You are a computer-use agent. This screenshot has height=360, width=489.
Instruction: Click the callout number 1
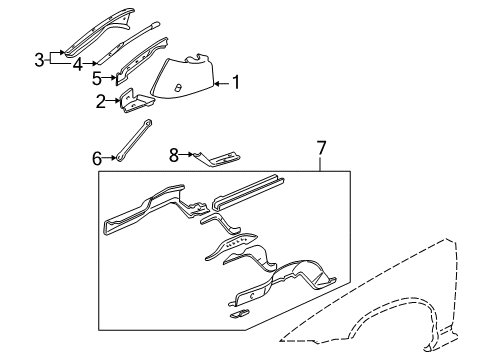click(236, 84)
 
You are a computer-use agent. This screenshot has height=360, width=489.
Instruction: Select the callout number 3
click(39, 59)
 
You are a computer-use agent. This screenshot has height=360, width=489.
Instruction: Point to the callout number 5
click(96, 77)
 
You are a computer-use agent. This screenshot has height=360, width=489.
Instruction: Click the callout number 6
click(97, 157)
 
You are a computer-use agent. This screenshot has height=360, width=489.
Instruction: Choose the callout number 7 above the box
click(321, 149)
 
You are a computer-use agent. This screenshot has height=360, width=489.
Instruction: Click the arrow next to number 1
click(222, 84)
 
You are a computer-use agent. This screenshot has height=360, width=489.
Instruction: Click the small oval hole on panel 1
click(177, 88)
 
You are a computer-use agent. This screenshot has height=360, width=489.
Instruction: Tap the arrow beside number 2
click(114, 101)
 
